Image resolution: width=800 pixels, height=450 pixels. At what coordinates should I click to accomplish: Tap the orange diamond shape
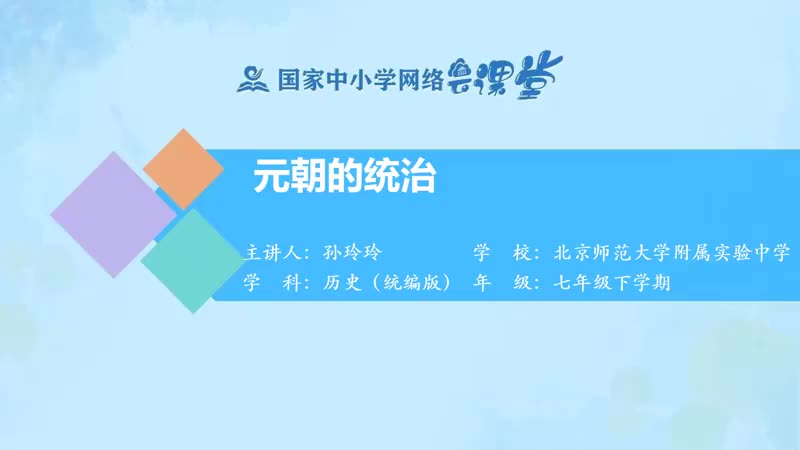pyautogui.click(x=184, y=168)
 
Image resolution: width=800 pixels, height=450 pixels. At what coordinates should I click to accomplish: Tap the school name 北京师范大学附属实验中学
pyautogui.click(x=671, y=250)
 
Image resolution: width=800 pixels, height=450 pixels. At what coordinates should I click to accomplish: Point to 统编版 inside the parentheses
pyautogui.click(x=407, y=283)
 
